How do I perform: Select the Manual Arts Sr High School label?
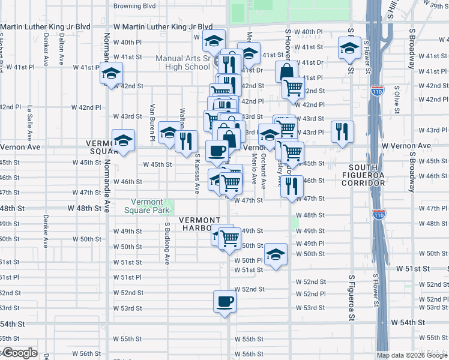182,62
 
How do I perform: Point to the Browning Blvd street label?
135,6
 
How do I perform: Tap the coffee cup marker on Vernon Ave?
217,151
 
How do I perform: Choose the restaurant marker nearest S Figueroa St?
342,133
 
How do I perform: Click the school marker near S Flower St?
349,49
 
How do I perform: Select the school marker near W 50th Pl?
276,255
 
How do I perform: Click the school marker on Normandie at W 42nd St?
110,74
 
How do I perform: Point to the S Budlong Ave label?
167,243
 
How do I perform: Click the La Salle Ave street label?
29,119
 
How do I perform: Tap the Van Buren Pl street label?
152,122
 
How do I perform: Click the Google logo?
19,353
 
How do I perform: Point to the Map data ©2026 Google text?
411,355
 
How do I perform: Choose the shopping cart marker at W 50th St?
229,238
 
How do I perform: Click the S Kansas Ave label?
197,173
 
